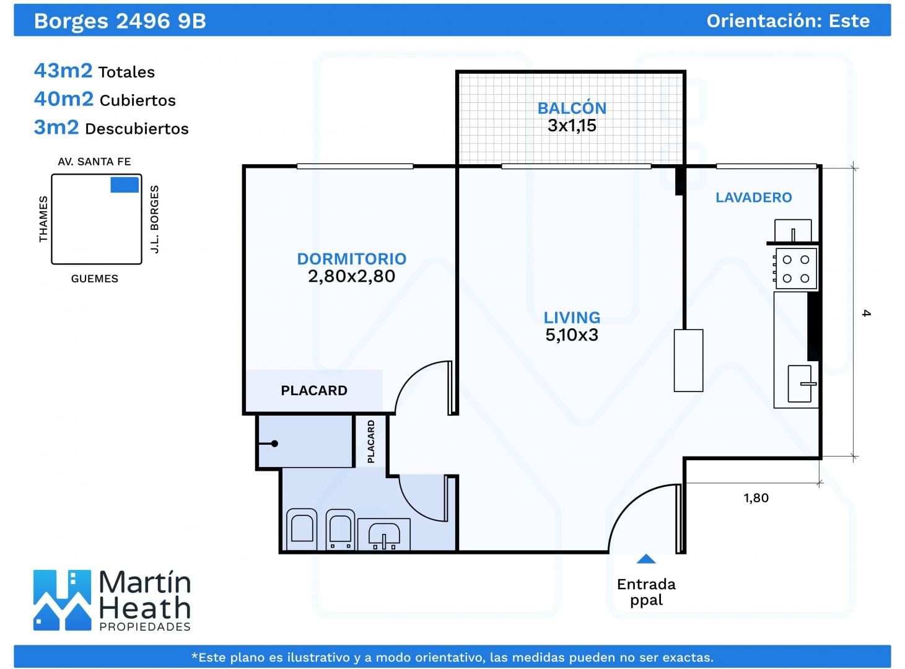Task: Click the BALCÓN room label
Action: [572, 108]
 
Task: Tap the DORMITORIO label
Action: [352, 259]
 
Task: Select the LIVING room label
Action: [572, 318]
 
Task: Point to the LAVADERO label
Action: [754, 198]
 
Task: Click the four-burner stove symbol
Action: [795, 269]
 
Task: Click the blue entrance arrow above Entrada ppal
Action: [646, 559]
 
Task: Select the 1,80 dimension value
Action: [756, 498]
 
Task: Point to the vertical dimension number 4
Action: [866, 313]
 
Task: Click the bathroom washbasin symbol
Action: [384, 535]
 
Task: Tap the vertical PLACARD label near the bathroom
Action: [371, 442]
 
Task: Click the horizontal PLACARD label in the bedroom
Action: [314, 391]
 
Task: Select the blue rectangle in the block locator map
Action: [125, 185]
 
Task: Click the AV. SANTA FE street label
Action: [94, 162]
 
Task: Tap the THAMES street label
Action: [43, 219]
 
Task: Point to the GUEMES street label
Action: [95, 279]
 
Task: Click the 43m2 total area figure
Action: [63, 71]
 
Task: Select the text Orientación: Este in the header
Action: [788, 21]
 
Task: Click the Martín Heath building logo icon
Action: [62, 600]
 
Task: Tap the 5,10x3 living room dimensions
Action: [572, 335]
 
